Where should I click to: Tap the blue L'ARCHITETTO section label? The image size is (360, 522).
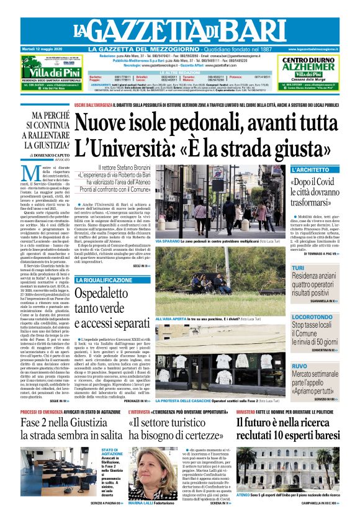coord(310,169)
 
